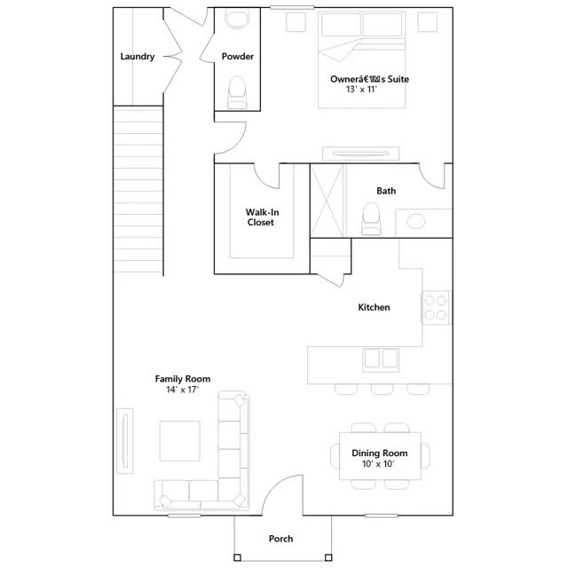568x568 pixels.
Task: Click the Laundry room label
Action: (x=138, y=57)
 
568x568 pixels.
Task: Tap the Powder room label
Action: (x=238, y=57)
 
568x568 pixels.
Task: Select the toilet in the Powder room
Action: (x=237, y=92)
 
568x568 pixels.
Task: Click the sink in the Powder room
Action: (x=237, y=19)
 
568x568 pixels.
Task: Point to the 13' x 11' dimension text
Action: (x=361, y=89)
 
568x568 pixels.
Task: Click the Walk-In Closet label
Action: (x=262, y=217)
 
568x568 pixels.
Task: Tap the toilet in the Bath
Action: (x=371, y=218)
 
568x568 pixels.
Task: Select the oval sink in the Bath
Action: (x=416, y=221)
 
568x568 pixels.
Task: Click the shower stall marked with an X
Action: (x=327, y=201)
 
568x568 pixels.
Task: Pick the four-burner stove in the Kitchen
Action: (x=436, y=308)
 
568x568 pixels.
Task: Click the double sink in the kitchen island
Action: (x=381, y=359)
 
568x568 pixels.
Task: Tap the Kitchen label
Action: (x=374, y=307)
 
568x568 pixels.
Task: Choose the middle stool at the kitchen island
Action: (x=383, y=389)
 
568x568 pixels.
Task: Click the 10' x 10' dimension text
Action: (x=378, y=463)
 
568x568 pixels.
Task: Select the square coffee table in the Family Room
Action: (x=179, y=441)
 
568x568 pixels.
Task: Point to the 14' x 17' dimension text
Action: (x=183, y=390)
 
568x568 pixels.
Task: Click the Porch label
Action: (x=280, y=539)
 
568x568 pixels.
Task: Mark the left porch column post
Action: (x=237, y=557)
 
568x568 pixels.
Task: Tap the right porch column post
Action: (x=328, y=557)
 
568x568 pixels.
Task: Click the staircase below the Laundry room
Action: (x=138, y=190)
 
